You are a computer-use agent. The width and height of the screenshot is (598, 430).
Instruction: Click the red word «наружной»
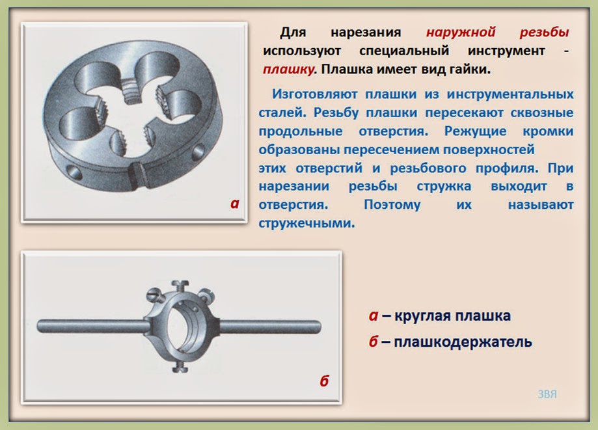[461, 33]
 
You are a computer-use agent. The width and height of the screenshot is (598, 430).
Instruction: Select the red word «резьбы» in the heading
[544, 33]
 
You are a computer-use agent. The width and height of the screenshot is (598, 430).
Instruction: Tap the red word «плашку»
[290, 70]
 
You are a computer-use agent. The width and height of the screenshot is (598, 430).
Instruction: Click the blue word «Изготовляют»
[315, 94]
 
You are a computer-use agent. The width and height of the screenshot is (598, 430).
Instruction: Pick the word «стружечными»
[306, 223]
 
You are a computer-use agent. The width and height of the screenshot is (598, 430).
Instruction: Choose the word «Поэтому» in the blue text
[392, 205]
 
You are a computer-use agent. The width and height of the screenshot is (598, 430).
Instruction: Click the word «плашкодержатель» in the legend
[463, 342]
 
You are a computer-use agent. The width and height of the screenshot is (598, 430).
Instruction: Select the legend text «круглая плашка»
[452, 316]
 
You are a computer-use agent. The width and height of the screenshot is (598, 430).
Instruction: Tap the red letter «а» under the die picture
[234, 204]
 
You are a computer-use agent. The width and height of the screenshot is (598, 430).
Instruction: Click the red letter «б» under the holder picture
[324, 381]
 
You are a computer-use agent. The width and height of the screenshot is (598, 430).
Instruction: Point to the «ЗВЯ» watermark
[547, 394]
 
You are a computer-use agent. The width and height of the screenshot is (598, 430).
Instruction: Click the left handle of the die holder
[92, 327]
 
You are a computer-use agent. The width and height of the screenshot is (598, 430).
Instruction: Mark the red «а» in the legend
[374, 316]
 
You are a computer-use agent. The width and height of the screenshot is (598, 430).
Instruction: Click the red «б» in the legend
[374, 342]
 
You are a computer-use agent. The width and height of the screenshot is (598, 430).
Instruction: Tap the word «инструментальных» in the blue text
[510, 94]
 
